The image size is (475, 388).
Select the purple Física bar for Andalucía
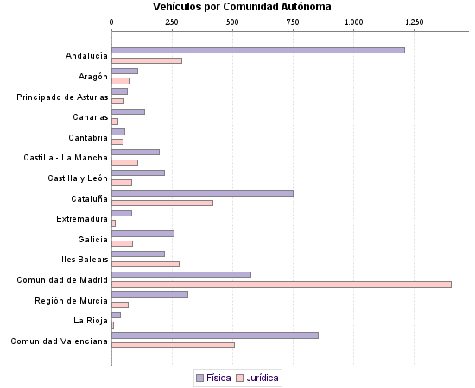258,51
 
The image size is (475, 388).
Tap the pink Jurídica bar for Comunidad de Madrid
282,284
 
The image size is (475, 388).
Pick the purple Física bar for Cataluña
202,193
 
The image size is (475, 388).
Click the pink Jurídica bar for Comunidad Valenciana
173,345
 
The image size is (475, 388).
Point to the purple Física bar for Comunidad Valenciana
215,335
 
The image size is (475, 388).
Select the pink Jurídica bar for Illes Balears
145,264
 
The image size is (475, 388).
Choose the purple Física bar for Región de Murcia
149,295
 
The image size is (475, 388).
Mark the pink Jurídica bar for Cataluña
162,203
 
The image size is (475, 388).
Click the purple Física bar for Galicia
142,234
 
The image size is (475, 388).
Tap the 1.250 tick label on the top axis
414,21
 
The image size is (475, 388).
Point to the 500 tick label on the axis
232,21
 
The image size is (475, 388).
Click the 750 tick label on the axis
293,21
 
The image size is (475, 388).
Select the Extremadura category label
83,219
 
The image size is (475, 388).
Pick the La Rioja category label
91,321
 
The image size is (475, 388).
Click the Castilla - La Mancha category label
66,158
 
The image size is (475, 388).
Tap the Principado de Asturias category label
62,97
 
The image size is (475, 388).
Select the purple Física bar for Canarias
128,112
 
